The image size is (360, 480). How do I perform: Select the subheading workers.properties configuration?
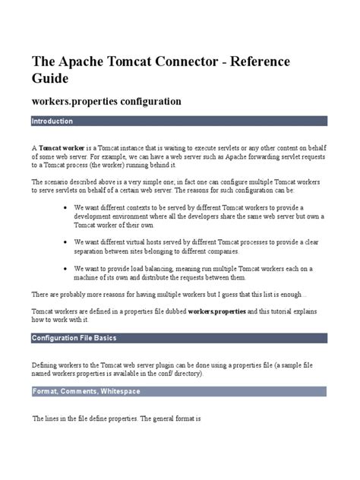click(x=106, y=101)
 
